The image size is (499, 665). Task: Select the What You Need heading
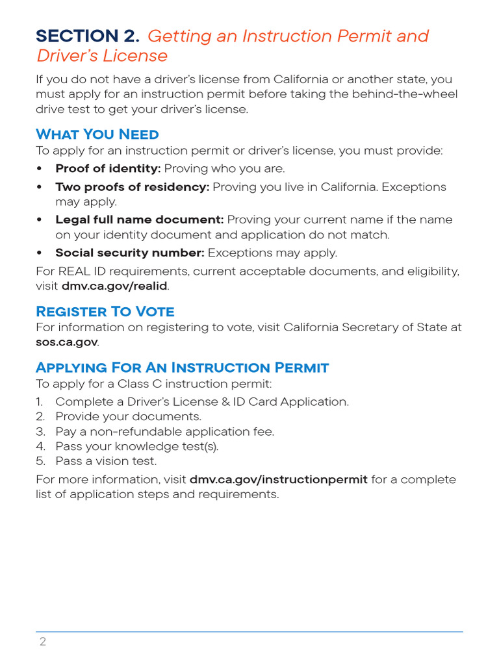[97, 134]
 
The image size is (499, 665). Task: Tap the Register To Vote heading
[105, 311]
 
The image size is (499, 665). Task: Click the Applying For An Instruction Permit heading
[182, 368]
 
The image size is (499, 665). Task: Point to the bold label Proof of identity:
[108, 169]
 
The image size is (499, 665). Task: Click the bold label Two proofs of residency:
[132, 187]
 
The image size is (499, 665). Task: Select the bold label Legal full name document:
[139, 220]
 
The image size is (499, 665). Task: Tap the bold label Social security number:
[130, 253]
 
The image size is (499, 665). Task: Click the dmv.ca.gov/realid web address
[114, 286]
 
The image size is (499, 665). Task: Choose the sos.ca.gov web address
[66, 342]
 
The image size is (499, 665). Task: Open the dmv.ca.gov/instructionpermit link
[278, 480]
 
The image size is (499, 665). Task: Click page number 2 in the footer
[42, 642]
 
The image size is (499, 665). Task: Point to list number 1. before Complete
[40, 402]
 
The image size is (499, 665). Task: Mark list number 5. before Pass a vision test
[40, 462]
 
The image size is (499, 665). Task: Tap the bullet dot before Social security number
[40, 253]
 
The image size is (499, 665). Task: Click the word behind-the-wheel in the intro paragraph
[413, 95]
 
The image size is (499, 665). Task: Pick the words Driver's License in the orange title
[102, 56]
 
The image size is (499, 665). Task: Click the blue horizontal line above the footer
[249, 631]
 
